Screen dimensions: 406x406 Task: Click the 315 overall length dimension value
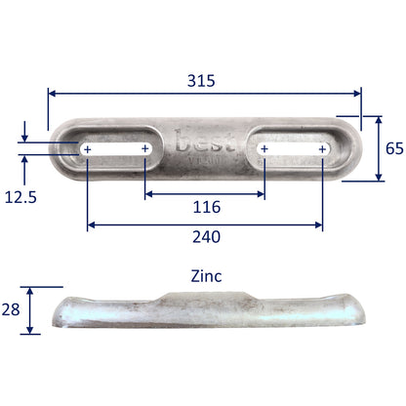(x=204, y=80)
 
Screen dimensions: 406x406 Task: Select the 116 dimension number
(x=207, y=207)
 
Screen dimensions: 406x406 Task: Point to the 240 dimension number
(x=205, y=237)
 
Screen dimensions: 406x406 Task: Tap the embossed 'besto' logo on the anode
(x=203, y=144)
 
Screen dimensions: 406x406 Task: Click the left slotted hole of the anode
(x=117, y=149)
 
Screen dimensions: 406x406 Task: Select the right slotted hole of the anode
(x=293, y=149)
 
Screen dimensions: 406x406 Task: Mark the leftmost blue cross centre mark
(x=88, y=149)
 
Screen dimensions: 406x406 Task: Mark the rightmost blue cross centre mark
(x=322, y=149)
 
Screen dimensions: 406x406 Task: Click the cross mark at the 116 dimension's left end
(x=145, y=149)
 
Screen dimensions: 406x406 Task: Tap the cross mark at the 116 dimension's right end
(x=264, y=149)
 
